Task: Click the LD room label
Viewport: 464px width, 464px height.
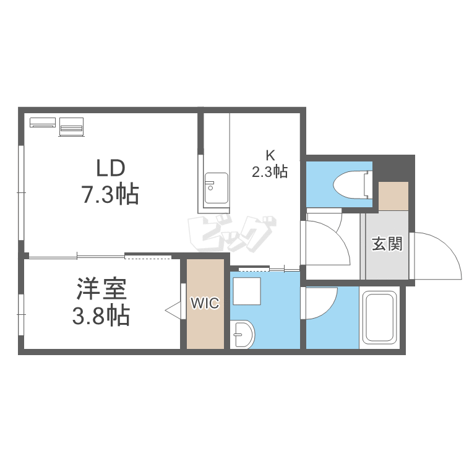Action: coord(111,168)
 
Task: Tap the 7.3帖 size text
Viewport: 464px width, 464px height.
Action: coord(110,194)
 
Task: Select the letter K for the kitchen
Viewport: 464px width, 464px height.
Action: coord(270,155)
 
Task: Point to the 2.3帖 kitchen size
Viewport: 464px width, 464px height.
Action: coord(270,171)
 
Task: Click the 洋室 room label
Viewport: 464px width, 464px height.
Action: coord(102,289)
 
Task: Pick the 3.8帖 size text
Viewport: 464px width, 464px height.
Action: coord(101,316)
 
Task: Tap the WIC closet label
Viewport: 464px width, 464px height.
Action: coord(205,303)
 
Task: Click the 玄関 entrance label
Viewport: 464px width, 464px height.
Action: coord(387,244)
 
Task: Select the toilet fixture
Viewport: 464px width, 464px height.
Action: coord(353,184)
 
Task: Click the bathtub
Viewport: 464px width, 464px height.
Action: coord(380,317)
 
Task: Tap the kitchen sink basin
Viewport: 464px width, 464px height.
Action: coord(217,189)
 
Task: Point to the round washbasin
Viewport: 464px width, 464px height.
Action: coord(243,334)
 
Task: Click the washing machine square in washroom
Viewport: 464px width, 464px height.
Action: coord(247,291)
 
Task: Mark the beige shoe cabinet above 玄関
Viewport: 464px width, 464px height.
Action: coord(393,196)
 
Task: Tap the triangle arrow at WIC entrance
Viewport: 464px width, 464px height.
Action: coord(173,311)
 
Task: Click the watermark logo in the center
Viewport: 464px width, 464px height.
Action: coord(232,234)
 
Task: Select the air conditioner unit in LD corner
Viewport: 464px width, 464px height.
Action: coord(43,122)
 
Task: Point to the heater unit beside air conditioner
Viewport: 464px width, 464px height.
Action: coord(71,127)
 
